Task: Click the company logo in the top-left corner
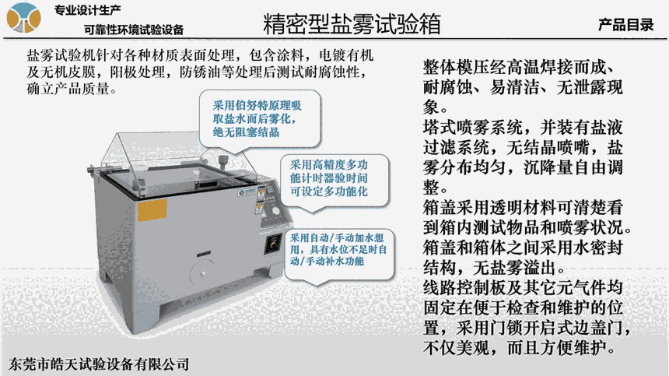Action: coord(23,17)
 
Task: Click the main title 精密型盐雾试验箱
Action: coord(352,23)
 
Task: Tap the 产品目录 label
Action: coord(626,25)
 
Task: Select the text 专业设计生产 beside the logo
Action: coord(87,10)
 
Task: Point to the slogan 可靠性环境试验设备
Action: coord(134,30)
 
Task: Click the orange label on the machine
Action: coord(152,210)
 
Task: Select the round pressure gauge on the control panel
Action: coord(276,210)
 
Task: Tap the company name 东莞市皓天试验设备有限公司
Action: coord(99,364)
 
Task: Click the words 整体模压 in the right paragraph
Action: coord(456,68)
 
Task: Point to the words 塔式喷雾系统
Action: coord(473,127)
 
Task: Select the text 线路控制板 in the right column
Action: coord(464,288)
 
